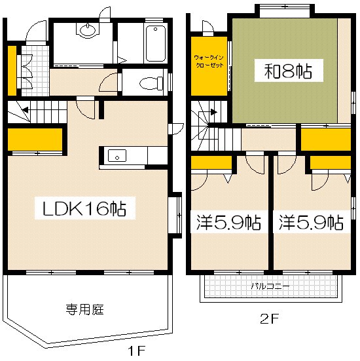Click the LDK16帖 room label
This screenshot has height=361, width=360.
pyautogui.click(x=84, y=210)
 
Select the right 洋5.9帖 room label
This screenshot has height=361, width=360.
pyautogui.click(x=311, y=223)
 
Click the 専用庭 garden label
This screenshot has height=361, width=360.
pyautogui.click(x=84, y=309)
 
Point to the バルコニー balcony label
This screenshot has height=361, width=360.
pyautogui.click(x=270, y=286)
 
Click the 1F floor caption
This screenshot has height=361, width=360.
pyautogui.click(x=135, y=351)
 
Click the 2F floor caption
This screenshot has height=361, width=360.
pyautogui.click(x=270, y=320)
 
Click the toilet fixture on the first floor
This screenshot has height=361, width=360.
pyautogui.click(x=150, y=84)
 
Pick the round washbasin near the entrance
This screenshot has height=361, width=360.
pyautogui.click(x=85, y=30)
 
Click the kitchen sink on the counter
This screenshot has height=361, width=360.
pyautogui.click(x=118, y=156)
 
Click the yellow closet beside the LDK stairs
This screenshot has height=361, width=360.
pyautogui.click(x=35, y=139)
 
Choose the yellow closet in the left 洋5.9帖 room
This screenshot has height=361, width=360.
pyautogui.click(x=211, y=162)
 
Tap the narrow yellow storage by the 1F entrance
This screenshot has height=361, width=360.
pyautogui.click(x=12, y=69)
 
